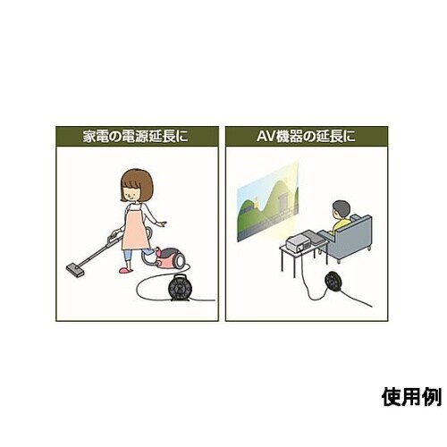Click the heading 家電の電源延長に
coord(136,137)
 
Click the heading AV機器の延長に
coord(306,137)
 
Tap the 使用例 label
coord(411,397)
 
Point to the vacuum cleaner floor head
coord(74,270)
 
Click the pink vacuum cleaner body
coord(171,257)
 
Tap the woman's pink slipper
coord(126,270)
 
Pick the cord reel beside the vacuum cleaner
coord(179,287)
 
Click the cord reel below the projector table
coord(334,281)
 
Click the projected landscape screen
coord(267,203)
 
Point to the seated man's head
coord(341,210)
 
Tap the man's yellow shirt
coord(342,226)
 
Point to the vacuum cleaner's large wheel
coord(180,259)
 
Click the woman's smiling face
coord(132,192)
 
